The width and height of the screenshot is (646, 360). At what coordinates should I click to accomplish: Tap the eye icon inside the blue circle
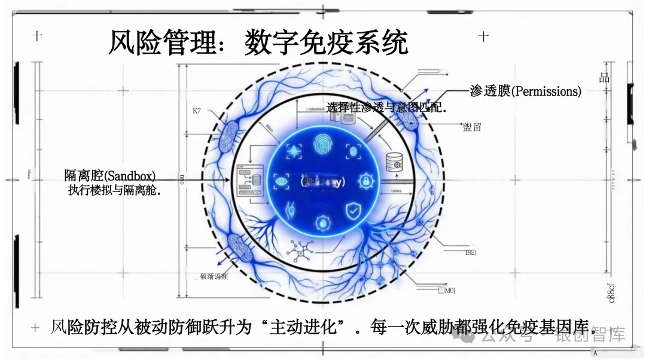pyautogui.click(x=281, y=181)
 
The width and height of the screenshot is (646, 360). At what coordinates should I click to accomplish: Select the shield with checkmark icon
pyautogui.click(x=354, y=210)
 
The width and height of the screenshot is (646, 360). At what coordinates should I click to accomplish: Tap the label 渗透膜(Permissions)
pyautogui.click(x=525, y=91)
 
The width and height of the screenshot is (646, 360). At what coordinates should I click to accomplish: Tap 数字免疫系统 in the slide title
pyautogui.click(x=326, y=44)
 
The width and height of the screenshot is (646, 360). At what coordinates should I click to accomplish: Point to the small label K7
pyautogui.click(x=197, y=111)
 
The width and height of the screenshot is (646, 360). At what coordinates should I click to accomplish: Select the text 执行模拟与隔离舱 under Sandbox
pyautogui.click(x=116, y=191)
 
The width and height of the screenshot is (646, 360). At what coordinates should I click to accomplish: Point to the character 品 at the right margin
pyautogui.click(x=604, y=78)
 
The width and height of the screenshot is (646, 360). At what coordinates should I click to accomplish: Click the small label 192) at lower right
pyautogui.click(x=470, y=252)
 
